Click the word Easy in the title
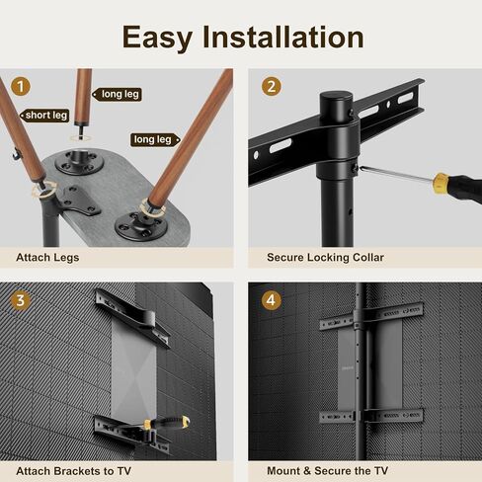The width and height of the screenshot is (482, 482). pyautogui.click(x=159, y=37)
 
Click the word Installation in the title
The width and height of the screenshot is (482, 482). pyautogui.click(x=284, y=37)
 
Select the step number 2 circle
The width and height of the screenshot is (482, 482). pyautogui.click(x=271, y=85)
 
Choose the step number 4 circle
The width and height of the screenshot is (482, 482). pyautogui.click(x=271, y=299)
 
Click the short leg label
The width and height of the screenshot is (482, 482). pyautogui.click(x=45, y=115)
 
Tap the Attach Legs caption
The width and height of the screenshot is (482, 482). pyautogui.click(x=47, y=258)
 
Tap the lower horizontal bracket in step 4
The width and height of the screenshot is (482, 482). pyautogui.click(x=371, y=415)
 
